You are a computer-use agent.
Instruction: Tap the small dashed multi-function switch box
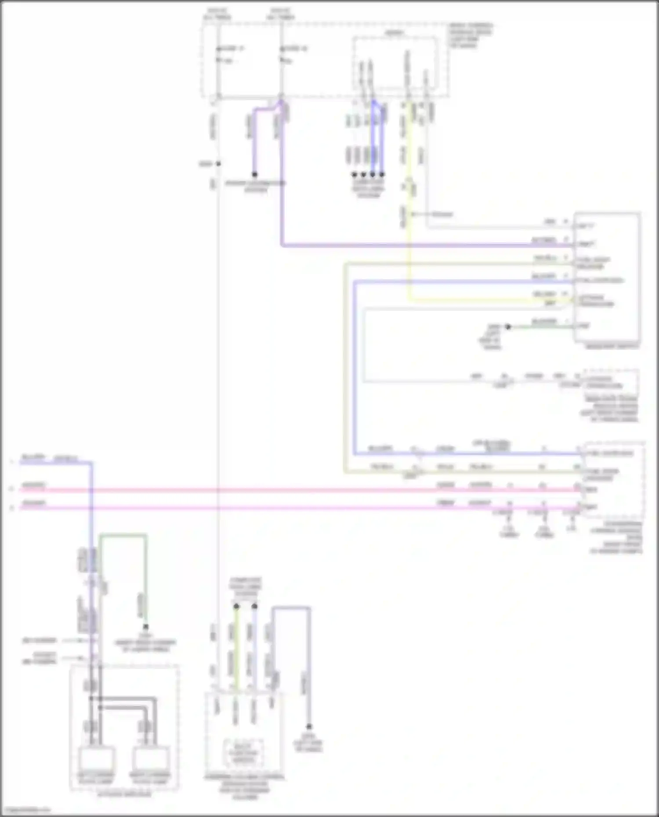(x=243, y=753)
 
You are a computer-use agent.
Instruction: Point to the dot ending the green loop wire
(x=145, y=627)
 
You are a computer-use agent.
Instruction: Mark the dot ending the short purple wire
(x=254, y=174)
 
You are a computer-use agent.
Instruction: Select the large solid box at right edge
(x=607, y=277)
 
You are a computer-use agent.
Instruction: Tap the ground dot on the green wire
(x=508, y=327)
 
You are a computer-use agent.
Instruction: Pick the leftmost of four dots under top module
(x=354, y=175)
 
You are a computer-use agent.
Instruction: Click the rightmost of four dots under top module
(x=382, y=175)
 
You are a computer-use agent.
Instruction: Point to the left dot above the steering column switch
(x=236, y=606)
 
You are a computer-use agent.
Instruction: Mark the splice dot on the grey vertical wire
(x=218, y=164)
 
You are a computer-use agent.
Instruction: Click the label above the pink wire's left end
(x=33, y=485)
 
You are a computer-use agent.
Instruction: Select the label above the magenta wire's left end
(x=33, y=503)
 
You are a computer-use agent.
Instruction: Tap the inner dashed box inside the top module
(x=395, y=66)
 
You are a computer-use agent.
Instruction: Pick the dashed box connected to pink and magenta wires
(x=613, y=480)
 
